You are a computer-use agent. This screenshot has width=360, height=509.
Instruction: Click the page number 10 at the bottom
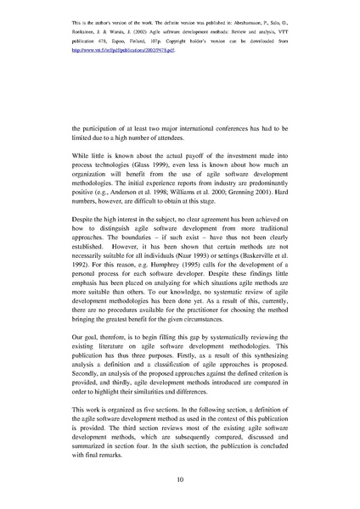pos(180,479)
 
